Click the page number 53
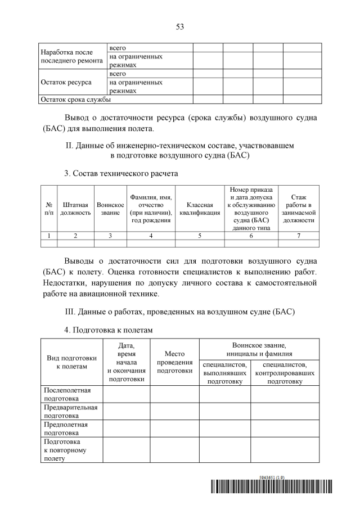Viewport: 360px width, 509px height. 179,26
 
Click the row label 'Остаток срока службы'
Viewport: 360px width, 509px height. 74,100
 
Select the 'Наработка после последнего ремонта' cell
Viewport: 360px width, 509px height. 71,56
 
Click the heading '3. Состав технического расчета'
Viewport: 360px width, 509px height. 121,174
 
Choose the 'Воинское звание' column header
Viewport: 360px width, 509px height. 110,209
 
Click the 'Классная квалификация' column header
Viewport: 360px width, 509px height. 200,209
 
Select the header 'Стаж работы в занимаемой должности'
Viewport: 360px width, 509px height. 299,209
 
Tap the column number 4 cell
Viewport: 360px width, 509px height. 151,236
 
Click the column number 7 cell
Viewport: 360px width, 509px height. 299,236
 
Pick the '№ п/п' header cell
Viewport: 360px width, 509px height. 49,209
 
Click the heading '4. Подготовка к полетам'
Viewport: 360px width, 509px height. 109,329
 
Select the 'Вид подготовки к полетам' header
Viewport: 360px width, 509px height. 71,362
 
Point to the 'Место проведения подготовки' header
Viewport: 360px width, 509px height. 174,362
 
